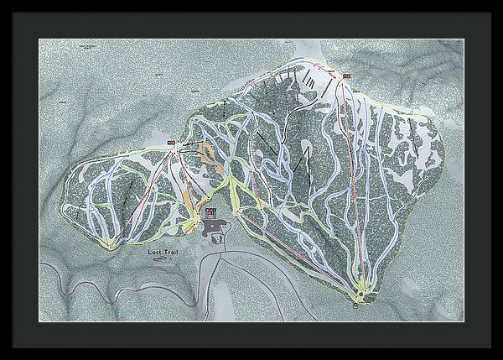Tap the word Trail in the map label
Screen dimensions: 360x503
coord(169,251)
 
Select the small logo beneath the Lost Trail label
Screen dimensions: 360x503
coord(159,259)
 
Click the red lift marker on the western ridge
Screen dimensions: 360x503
coord(171,143)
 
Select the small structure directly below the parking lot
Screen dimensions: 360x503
coord(219,238)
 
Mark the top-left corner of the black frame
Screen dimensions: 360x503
coord(2,2)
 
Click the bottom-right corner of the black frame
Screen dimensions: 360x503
coord(500,357)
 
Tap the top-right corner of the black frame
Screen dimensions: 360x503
coord(500,2)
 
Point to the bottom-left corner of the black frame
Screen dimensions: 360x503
coord(2,357)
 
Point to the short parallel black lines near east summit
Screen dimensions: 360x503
coord(310,80)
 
